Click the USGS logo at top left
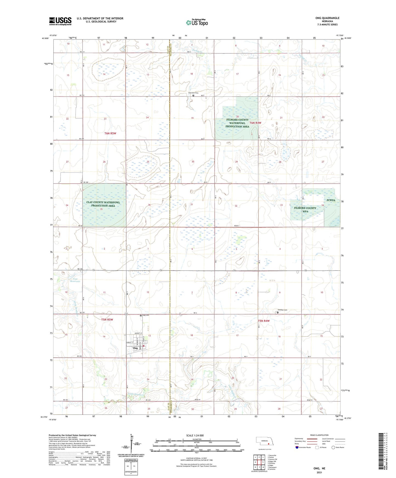tap(60, 21)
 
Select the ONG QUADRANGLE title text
tap(327, 18)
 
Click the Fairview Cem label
tap(193, 93)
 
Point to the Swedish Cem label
tap(282, 310)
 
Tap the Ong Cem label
tap(146, 315)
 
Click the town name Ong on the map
tap(135, 348)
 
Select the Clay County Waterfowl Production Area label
tap(103, 204)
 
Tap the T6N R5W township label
tap(110, 133)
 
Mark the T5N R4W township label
tap(264, 321)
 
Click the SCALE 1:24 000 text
tap(195, 436)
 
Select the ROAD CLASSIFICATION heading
tap(319, 435)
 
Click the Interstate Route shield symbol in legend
tap(298, 447)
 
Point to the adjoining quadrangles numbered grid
tap(259, 462)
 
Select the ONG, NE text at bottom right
tap(319, 468)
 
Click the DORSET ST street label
tap(139, 333)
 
